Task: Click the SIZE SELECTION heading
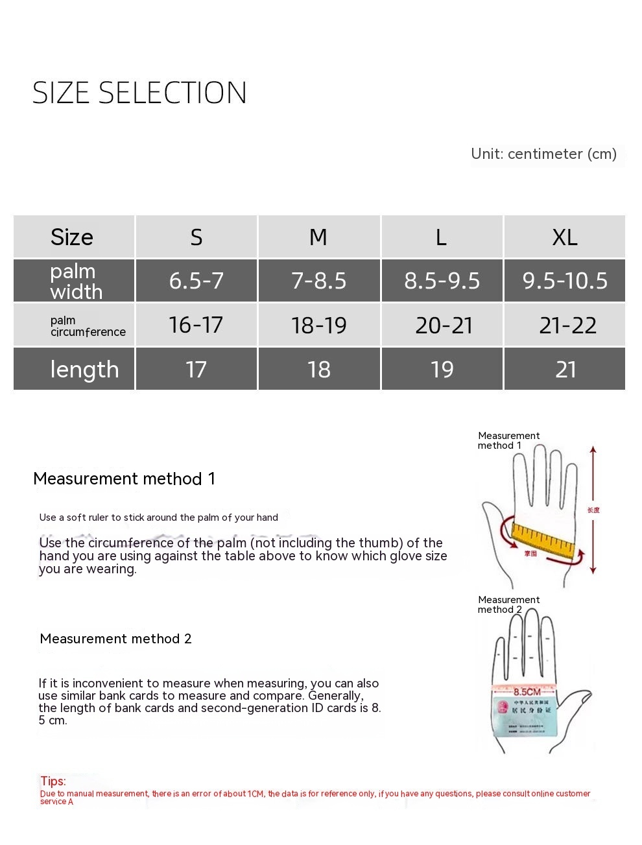139,93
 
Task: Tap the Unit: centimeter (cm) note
543,154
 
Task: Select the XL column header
564,237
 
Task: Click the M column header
318,237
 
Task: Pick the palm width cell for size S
196,281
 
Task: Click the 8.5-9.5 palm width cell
442,281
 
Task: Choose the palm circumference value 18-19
318,325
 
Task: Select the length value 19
442,369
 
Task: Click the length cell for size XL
565,369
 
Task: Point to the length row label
84,369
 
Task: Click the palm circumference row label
88,326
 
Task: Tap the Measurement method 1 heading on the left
124,479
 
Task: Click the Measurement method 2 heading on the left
115,639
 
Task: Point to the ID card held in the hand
524,717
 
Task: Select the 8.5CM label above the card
527,691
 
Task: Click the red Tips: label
53,781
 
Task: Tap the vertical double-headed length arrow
593,510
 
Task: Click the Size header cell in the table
72,237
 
